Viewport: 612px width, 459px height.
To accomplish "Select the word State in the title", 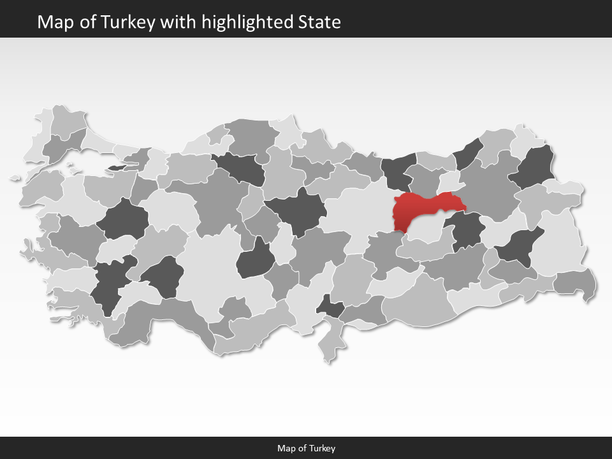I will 319,22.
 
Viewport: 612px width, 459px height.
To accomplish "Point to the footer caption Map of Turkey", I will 306,448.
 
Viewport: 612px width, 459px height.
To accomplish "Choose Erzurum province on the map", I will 488,188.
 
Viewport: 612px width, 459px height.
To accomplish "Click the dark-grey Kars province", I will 535,167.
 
